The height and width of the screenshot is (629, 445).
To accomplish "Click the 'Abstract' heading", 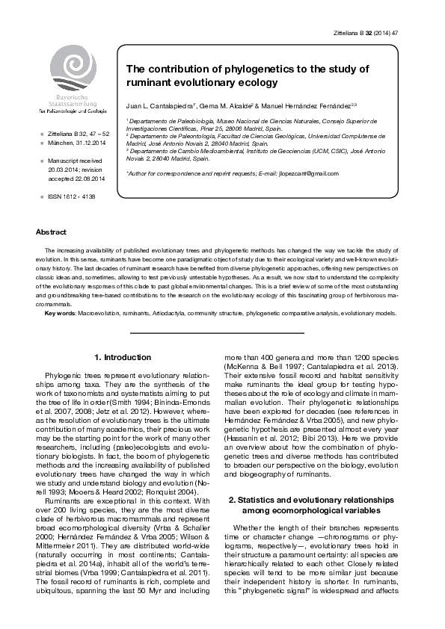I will tap(51, 232).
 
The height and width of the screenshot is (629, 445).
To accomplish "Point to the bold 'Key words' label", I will tap(60, 313).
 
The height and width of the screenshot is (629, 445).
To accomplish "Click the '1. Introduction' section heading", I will tap(123, 357).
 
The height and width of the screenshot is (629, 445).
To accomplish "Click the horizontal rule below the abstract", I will tap(217, 332).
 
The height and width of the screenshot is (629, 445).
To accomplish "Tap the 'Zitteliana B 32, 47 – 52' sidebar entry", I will tap(79, 134).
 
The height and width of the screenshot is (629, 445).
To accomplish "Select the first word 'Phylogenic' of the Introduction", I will tap(64, 373).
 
